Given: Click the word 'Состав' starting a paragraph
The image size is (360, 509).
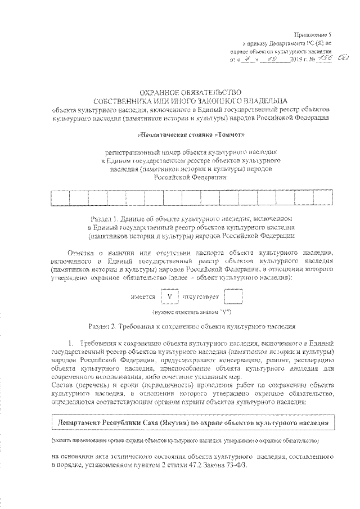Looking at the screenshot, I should click(63, 388).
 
